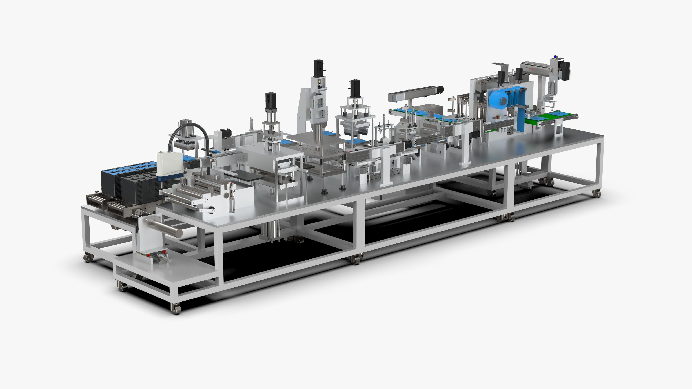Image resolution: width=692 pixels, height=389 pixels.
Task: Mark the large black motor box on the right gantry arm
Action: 565,71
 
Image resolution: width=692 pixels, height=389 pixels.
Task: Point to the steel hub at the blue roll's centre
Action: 504,101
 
